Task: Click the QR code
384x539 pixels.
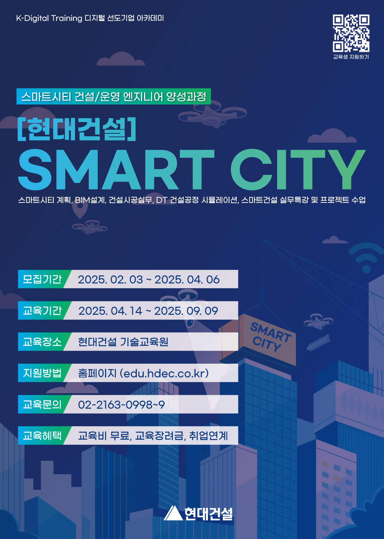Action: pos(351,33)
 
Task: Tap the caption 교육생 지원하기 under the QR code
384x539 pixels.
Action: pos(351,57)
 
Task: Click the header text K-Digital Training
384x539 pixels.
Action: pos(49,18)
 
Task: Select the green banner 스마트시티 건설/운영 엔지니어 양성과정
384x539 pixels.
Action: pos(113,96)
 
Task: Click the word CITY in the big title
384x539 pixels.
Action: pos(298,170)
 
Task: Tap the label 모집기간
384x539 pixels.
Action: pos(42,279)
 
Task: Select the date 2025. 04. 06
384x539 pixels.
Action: pos(187,280)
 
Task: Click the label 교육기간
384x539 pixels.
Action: pos(42,310)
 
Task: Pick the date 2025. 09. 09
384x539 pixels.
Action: pos(186,311)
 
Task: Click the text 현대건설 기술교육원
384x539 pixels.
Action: pos(123,342)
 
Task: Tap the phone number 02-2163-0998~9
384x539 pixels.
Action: pos(121,405)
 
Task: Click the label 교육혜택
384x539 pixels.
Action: pos(42,435)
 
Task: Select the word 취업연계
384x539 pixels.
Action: pos(208,436)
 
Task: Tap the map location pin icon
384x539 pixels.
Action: pos(80,210)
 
